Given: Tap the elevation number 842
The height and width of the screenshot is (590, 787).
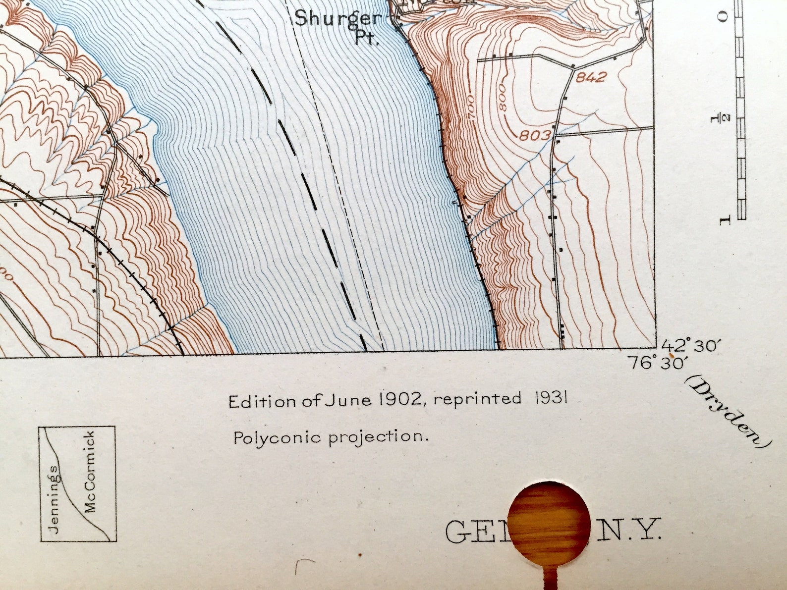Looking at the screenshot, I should pyautogui.click(x=591, y=77).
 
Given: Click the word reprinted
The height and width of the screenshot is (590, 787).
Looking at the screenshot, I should pyautogui.click(x=477, y=399).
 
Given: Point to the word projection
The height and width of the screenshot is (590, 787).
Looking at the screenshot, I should pyautogui.click(x=378, y=437).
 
